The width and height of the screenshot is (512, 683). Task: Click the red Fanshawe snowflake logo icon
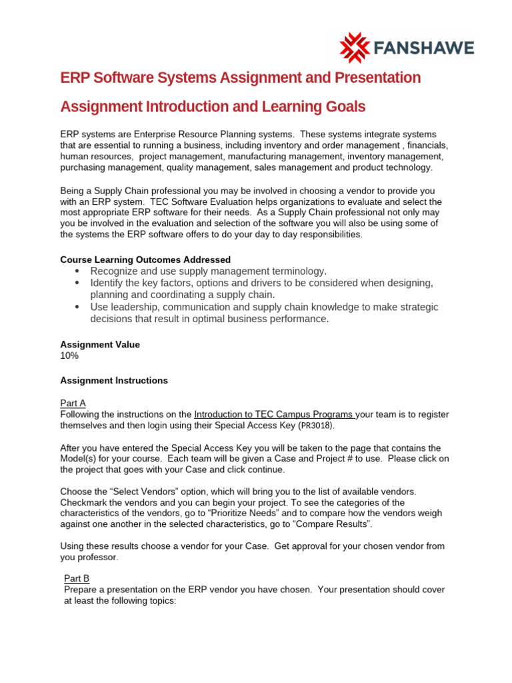coord(354,48)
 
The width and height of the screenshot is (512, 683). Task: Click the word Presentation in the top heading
coord(373,78)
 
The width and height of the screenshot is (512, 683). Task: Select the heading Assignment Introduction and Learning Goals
coord(213,107)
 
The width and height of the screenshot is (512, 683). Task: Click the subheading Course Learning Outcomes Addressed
coord(145,259)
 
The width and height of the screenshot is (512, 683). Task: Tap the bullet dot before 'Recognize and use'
coord(78,271)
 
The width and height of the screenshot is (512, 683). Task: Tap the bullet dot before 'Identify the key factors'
coord(78,283)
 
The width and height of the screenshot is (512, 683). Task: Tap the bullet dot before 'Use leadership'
coord(78,307)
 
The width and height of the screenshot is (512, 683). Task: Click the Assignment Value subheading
coord(100,344)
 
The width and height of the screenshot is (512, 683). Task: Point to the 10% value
coord(69,356)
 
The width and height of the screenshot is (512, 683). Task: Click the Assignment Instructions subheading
coord(114,380)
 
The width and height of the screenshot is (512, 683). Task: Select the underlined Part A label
coord(73,403)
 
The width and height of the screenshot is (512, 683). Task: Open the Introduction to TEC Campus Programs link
coord(274,414)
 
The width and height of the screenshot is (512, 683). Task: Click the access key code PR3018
coord(315,426)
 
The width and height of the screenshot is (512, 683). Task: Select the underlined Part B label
coord(77,578)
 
